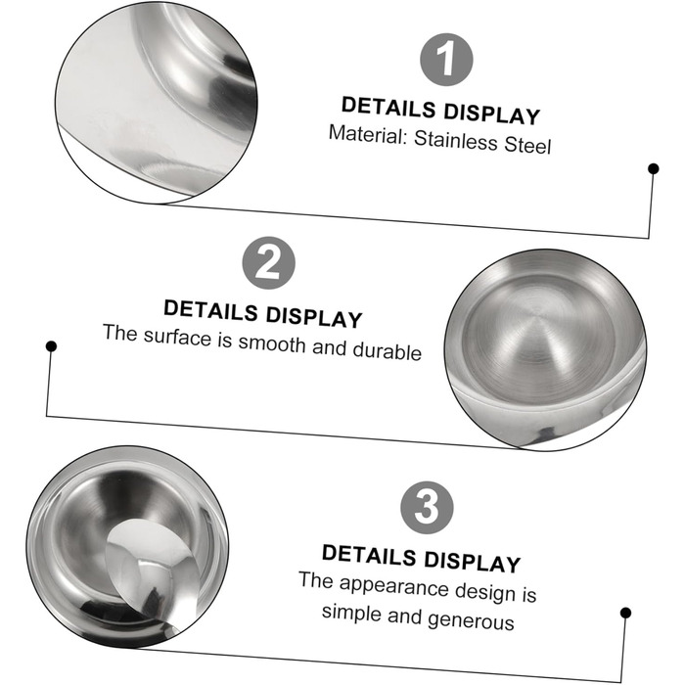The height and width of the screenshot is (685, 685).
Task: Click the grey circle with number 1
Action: click(446, 60)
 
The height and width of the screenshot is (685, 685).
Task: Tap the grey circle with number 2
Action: click(269, 263)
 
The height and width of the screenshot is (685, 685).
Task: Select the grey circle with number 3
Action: click(427, 508)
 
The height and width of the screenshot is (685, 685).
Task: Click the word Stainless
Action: click(456, 141)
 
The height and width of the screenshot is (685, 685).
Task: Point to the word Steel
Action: click(527, 145)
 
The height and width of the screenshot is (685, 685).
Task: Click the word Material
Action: click(368, 134)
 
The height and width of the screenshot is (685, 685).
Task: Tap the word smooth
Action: click(272, 342)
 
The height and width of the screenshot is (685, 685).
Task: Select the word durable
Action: click(388, 350)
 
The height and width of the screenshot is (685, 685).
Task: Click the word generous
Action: click(472, 620)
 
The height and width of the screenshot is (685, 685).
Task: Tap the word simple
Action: click(351, 613)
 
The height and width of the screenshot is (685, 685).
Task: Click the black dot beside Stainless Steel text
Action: click(654, 168)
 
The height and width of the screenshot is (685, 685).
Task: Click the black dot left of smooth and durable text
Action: click(51, 346)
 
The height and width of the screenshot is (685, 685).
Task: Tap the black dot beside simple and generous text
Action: click(625, 613)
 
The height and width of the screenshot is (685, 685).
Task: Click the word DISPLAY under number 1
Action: click(492, 114)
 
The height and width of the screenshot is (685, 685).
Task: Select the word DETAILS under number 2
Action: click(211, 310)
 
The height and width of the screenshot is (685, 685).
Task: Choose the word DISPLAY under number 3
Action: click(473, 562)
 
